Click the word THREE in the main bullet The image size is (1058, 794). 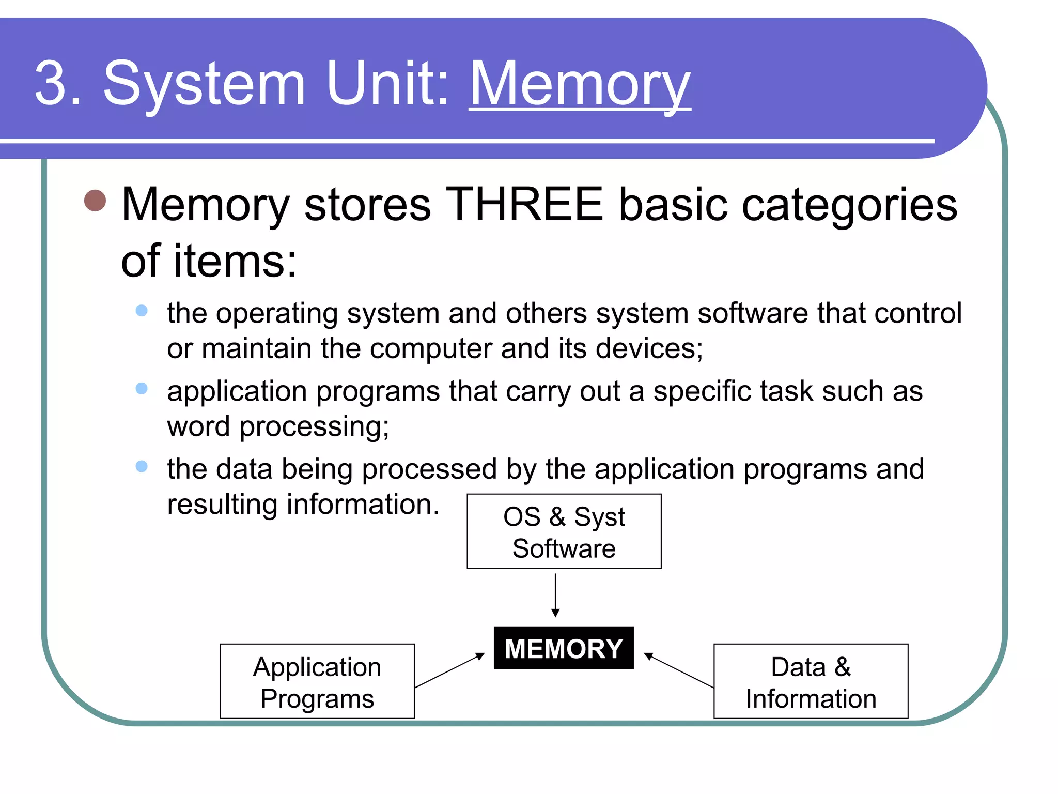(x=524, y=205)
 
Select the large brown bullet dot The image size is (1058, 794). (x=95, y=201)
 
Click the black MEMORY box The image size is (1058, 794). (x=564, y=648)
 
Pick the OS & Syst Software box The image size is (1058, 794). (x=564, y=531)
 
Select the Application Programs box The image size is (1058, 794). (x=317, y=681)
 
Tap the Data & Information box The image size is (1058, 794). (x=811, y=681)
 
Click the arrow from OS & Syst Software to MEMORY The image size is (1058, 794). (x=555, y=594)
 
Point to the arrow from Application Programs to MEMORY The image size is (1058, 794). (x=449, y=670)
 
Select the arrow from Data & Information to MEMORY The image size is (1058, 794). (x=679, y=670)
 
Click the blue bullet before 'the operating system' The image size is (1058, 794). (x=142, y=311)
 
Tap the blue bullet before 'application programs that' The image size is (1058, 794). (x=142, y=389)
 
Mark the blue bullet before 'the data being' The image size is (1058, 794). (x=142, y=467)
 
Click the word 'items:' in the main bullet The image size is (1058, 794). (x=236, y=262)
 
